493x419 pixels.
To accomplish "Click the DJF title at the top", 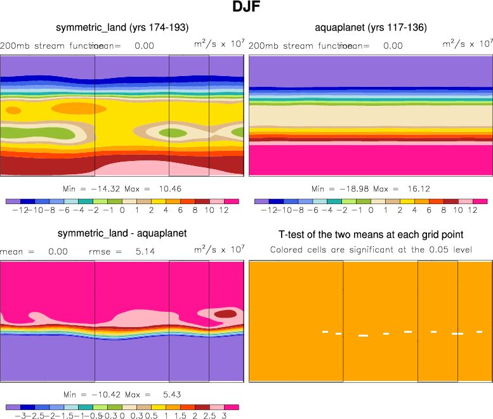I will (246, 8).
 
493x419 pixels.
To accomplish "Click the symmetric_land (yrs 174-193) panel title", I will (122, 27).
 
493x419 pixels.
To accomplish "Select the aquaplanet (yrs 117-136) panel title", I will (371, 27).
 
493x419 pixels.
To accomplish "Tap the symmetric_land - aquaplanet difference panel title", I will (122, 233).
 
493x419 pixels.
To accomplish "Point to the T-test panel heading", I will (371, 234).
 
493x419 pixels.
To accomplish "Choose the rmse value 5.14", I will (135, 252).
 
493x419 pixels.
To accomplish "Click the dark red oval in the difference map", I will (224, 313).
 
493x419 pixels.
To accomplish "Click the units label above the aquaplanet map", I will (467, 44).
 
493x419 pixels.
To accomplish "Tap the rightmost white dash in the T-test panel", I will (480, 332).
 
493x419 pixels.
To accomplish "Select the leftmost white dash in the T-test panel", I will (325, 332).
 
